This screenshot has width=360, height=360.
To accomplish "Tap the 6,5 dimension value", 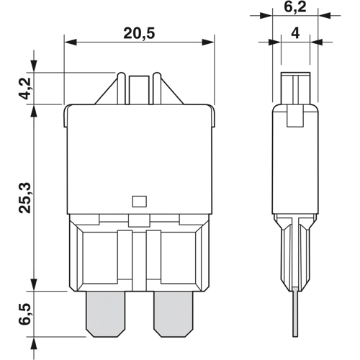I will pyautogui.click(x=24, y=314).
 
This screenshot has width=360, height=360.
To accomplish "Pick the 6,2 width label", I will pyautogui.click(x=296, y=9).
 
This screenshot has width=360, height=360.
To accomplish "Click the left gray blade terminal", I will pyautogui.click(x=106, y=315).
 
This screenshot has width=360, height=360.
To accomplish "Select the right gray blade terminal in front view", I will pyautogui.click(x=173, y=315).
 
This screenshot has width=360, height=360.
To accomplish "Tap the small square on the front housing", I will pyautogui.click(x=140, y=202).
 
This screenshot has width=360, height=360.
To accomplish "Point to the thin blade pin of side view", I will pyautogui.click(x=295, y=310).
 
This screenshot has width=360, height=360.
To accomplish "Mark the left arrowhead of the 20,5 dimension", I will pyautogui.click(x=68, y=42).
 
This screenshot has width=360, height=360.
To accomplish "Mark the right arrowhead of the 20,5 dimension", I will pyautogui.click(x=211, y=42).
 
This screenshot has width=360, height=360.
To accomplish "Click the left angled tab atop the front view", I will pyautogui.click(x=108, y=91).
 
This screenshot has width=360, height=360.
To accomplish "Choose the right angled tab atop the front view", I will pyautogui.click(x=170, y=91).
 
